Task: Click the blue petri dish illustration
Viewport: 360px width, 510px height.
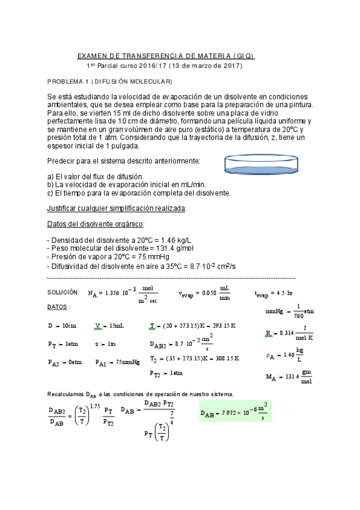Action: pyautogui.click(x=263, y=167)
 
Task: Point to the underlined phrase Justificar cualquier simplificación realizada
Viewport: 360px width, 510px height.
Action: pyautogui.click(x=117, y=209)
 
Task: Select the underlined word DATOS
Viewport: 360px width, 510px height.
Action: pyautogui.click(x=59, y=307)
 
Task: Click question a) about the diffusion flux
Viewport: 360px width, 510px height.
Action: pyautogui.click(x=96, y=177)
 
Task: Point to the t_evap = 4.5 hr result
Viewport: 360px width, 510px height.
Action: pyautogui.click(x=273, y=293)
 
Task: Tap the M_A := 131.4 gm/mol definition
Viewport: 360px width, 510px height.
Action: pyautogui.click(x=288, y=377)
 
